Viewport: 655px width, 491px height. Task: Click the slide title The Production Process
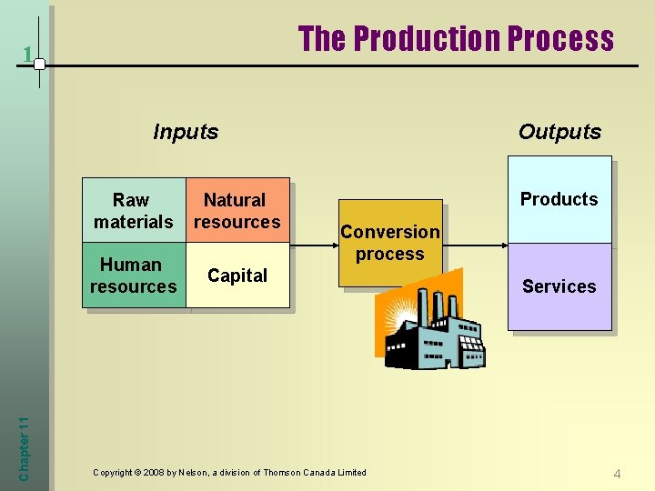456,39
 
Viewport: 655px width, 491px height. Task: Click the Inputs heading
186,132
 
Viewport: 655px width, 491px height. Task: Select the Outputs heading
559,132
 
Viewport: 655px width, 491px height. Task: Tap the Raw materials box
134,210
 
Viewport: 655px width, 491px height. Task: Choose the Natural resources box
237,210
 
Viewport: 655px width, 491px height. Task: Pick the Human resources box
134,276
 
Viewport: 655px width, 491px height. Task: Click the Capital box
237,276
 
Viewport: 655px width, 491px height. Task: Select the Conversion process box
389,243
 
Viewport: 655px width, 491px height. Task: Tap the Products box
559,199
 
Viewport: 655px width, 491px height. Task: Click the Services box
559,286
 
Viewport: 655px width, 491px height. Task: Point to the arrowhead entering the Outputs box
501,244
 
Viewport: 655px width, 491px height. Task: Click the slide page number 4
617,474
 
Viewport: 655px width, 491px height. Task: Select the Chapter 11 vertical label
25,443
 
